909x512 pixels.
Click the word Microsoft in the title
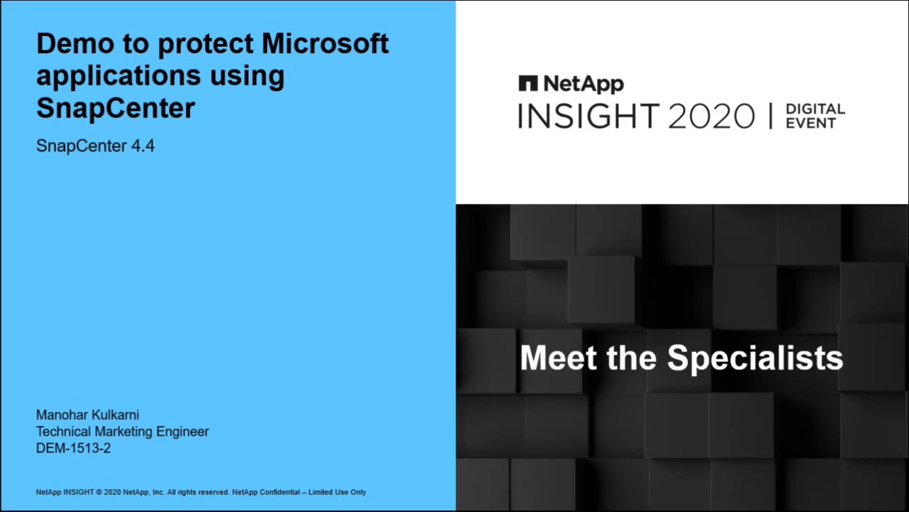tap(325, 43)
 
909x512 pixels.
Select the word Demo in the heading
tap(75, 43)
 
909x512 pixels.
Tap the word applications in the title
tap(119, 77)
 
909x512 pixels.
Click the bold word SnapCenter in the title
tap(116, 107)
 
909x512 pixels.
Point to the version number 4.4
tap(143, 146)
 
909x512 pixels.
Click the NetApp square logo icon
tap(528, 83)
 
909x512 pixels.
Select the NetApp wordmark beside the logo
tap(583, 84)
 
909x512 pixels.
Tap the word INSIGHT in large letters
tap(588, 116)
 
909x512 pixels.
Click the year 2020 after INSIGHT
tap(711, 116)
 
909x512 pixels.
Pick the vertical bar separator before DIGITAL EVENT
tap(770, 116)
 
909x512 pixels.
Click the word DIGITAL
tap(816, 109)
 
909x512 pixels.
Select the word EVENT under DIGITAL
tap(811, 123)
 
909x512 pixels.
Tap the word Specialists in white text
tap(755, 358)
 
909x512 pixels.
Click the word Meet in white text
tap(559, 358)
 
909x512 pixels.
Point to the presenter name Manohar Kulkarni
tap(87, 415)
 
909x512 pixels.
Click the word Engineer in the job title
tap(183, 432)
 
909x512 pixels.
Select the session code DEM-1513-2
tap(73, 448)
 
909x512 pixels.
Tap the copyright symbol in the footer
tap(99, 492)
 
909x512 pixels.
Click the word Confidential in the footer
tap(279, 492)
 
